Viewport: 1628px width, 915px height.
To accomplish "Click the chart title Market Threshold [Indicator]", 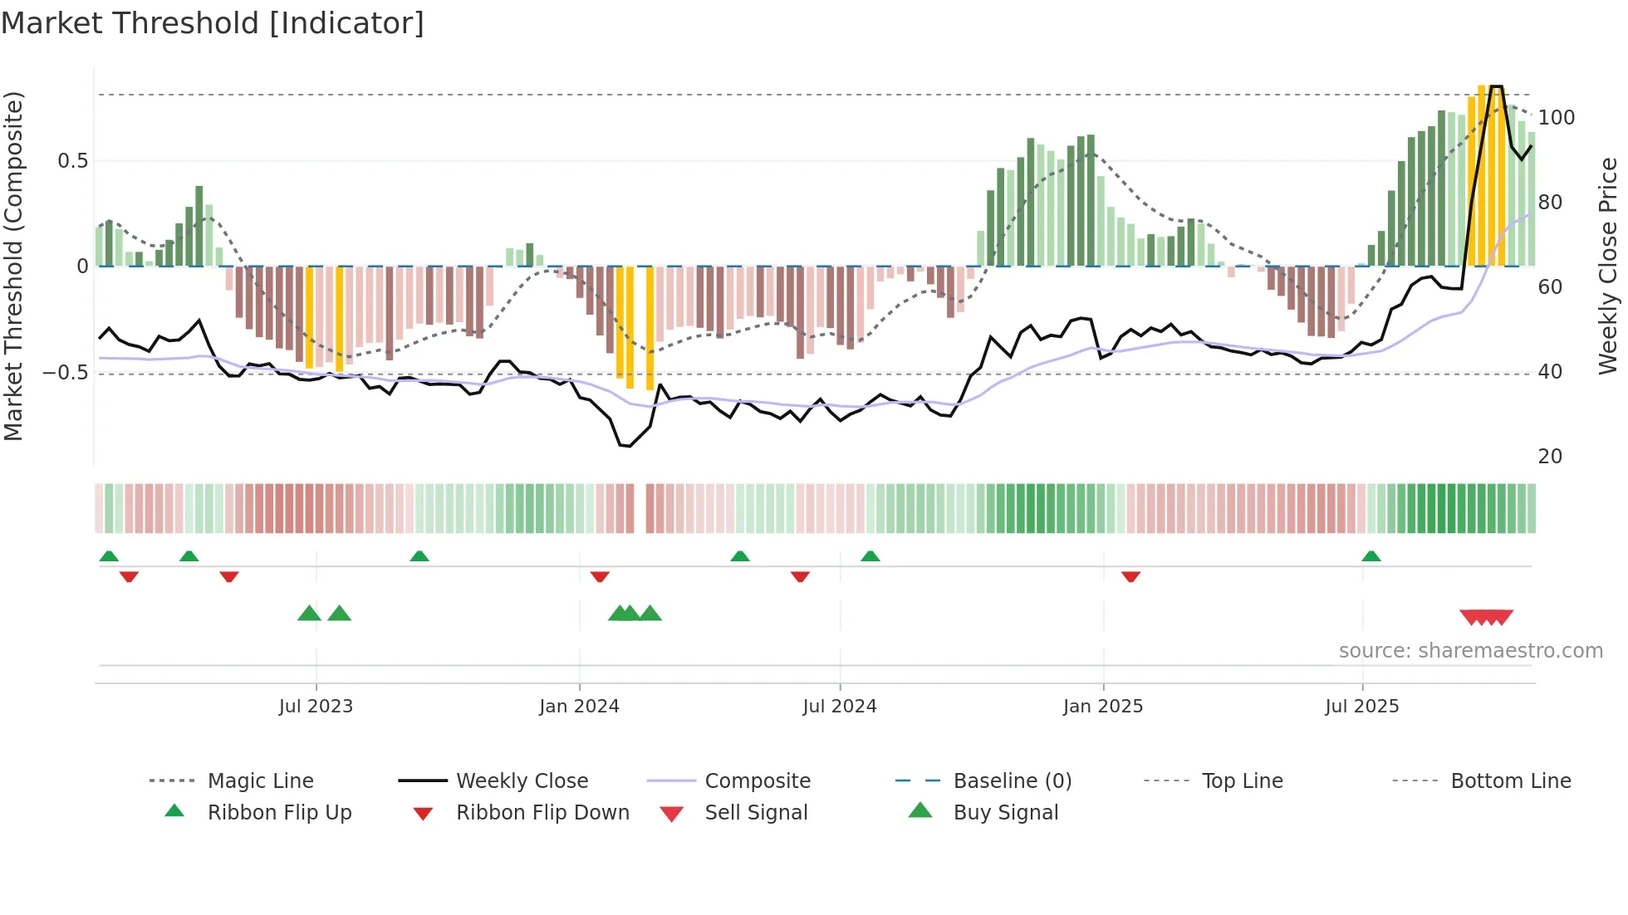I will point(213,23).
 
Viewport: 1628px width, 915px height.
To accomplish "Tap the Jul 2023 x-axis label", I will point(316,707).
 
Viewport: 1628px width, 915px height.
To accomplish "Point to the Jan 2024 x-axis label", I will point(579,707).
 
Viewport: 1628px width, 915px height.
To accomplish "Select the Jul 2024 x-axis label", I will point(840,707).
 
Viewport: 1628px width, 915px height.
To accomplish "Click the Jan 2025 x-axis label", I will point(1103,707).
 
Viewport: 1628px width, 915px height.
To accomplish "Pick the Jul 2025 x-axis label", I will point(1362,707).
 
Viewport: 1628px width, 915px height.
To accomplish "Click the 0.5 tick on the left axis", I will point(73,161).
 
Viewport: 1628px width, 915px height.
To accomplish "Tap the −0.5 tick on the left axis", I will point(66,373).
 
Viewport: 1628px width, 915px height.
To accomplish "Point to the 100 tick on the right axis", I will point(1556,118).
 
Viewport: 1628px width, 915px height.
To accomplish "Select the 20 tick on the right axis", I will point(1550,457).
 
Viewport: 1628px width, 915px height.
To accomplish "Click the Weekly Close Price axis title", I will point(1608,266).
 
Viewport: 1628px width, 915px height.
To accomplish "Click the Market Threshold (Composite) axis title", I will point(14,266).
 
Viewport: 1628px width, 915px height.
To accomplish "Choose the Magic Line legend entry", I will point(260,781).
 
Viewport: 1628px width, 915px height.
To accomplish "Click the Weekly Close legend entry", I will point(522,781).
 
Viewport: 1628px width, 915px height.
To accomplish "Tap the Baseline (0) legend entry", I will point(1012,781).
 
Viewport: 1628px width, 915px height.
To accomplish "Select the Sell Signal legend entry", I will point(755,813).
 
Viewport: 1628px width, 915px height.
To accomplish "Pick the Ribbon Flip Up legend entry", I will point(279,813).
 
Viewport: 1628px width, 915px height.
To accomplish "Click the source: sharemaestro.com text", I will point(1470,651).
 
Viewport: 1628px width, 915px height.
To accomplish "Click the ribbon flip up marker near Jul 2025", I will point(1371,556).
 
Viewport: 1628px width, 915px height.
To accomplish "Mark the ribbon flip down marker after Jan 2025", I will point(1130,576).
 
